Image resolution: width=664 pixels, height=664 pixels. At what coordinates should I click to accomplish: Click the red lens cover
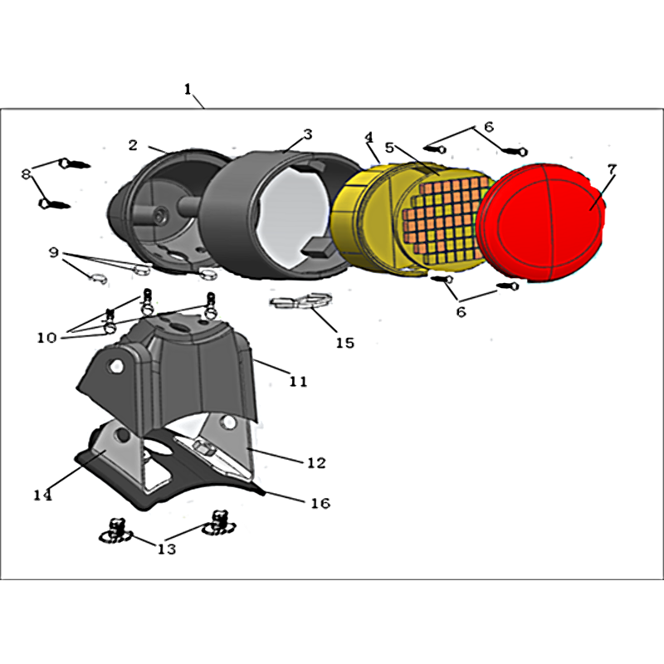click(540, 222)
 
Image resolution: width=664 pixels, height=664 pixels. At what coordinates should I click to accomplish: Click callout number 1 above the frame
click(188, 89)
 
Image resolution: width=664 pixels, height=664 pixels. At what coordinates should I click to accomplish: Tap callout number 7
click(611, 169)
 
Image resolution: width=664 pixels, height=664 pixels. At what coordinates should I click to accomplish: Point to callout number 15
click(345, 343)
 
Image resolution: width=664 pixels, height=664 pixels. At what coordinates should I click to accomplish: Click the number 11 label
click(298, 382)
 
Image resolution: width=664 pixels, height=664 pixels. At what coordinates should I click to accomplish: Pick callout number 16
click(320, 503)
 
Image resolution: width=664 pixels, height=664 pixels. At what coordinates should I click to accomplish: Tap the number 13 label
click(167, 549)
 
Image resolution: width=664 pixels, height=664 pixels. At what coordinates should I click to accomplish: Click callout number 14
click(42, 495)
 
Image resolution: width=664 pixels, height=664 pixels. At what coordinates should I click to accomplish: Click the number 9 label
click(53, 253)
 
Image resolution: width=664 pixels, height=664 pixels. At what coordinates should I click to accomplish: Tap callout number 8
click(27, 173)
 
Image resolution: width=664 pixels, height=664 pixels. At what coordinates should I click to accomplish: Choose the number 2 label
click(133, 145)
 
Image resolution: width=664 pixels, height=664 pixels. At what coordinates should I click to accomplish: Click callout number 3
click(308, 134)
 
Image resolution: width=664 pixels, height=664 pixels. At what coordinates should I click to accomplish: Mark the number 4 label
click(369, 137)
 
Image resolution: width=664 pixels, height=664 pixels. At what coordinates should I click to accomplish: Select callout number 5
click(389, 148)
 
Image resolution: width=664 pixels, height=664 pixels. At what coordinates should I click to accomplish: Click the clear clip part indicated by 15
click(301, 300)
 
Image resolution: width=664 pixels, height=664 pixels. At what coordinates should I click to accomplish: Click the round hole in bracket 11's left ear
click(115, 366)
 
